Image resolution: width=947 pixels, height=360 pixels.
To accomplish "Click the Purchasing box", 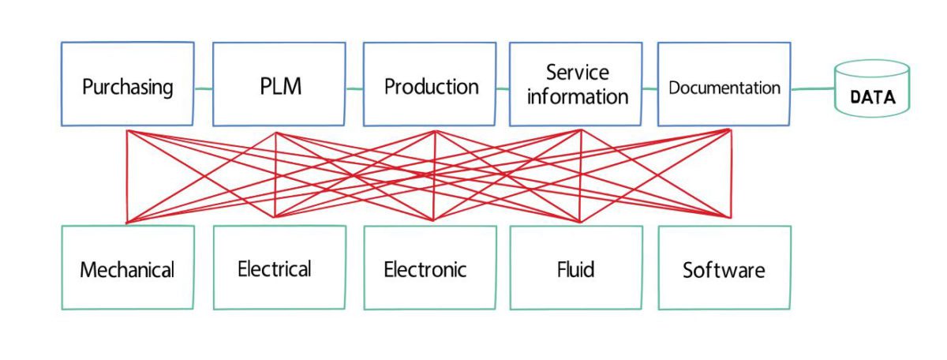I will (x=127, y=84).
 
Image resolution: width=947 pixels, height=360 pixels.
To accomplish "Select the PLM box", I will (x=279, y=84).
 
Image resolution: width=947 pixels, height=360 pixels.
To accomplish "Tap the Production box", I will (x=430, y=84).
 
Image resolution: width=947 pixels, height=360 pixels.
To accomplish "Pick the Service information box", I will (x=576, y=84).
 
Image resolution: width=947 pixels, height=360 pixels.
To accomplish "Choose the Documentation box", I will (x=724, y=84).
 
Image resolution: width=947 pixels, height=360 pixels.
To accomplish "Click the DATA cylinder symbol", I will (x=872, y=88).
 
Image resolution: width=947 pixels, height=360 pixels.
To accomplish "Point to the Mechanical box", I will (x=127, y=268).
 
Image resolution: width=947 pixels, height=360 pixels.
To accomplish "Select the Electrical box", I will (x=279, y=268).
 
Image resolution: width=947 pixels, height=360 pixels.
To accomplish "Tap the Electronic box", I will (x=430, y=268).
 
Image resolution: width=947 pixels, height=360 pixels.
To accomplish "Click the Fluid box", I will (x=576, y=268).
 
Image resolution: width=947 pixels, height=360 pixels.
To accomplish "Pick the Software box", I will (x=724, y=268).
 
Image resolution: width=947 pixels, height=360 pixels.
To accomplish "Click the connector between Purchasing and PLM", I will (x=204, y=87).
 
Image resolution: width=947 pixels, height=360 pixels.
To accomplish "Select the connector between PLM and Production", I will (x=354, y=88).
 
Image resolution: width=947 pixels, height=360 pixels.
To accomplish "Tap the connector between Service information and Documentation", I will (x=649, y=88).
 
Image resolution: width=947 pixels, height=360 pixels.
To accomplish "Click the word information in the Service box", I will (x=578, y=97).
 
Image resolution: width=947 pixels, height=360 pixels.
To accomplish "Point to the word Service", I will (x=578, y=73).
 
